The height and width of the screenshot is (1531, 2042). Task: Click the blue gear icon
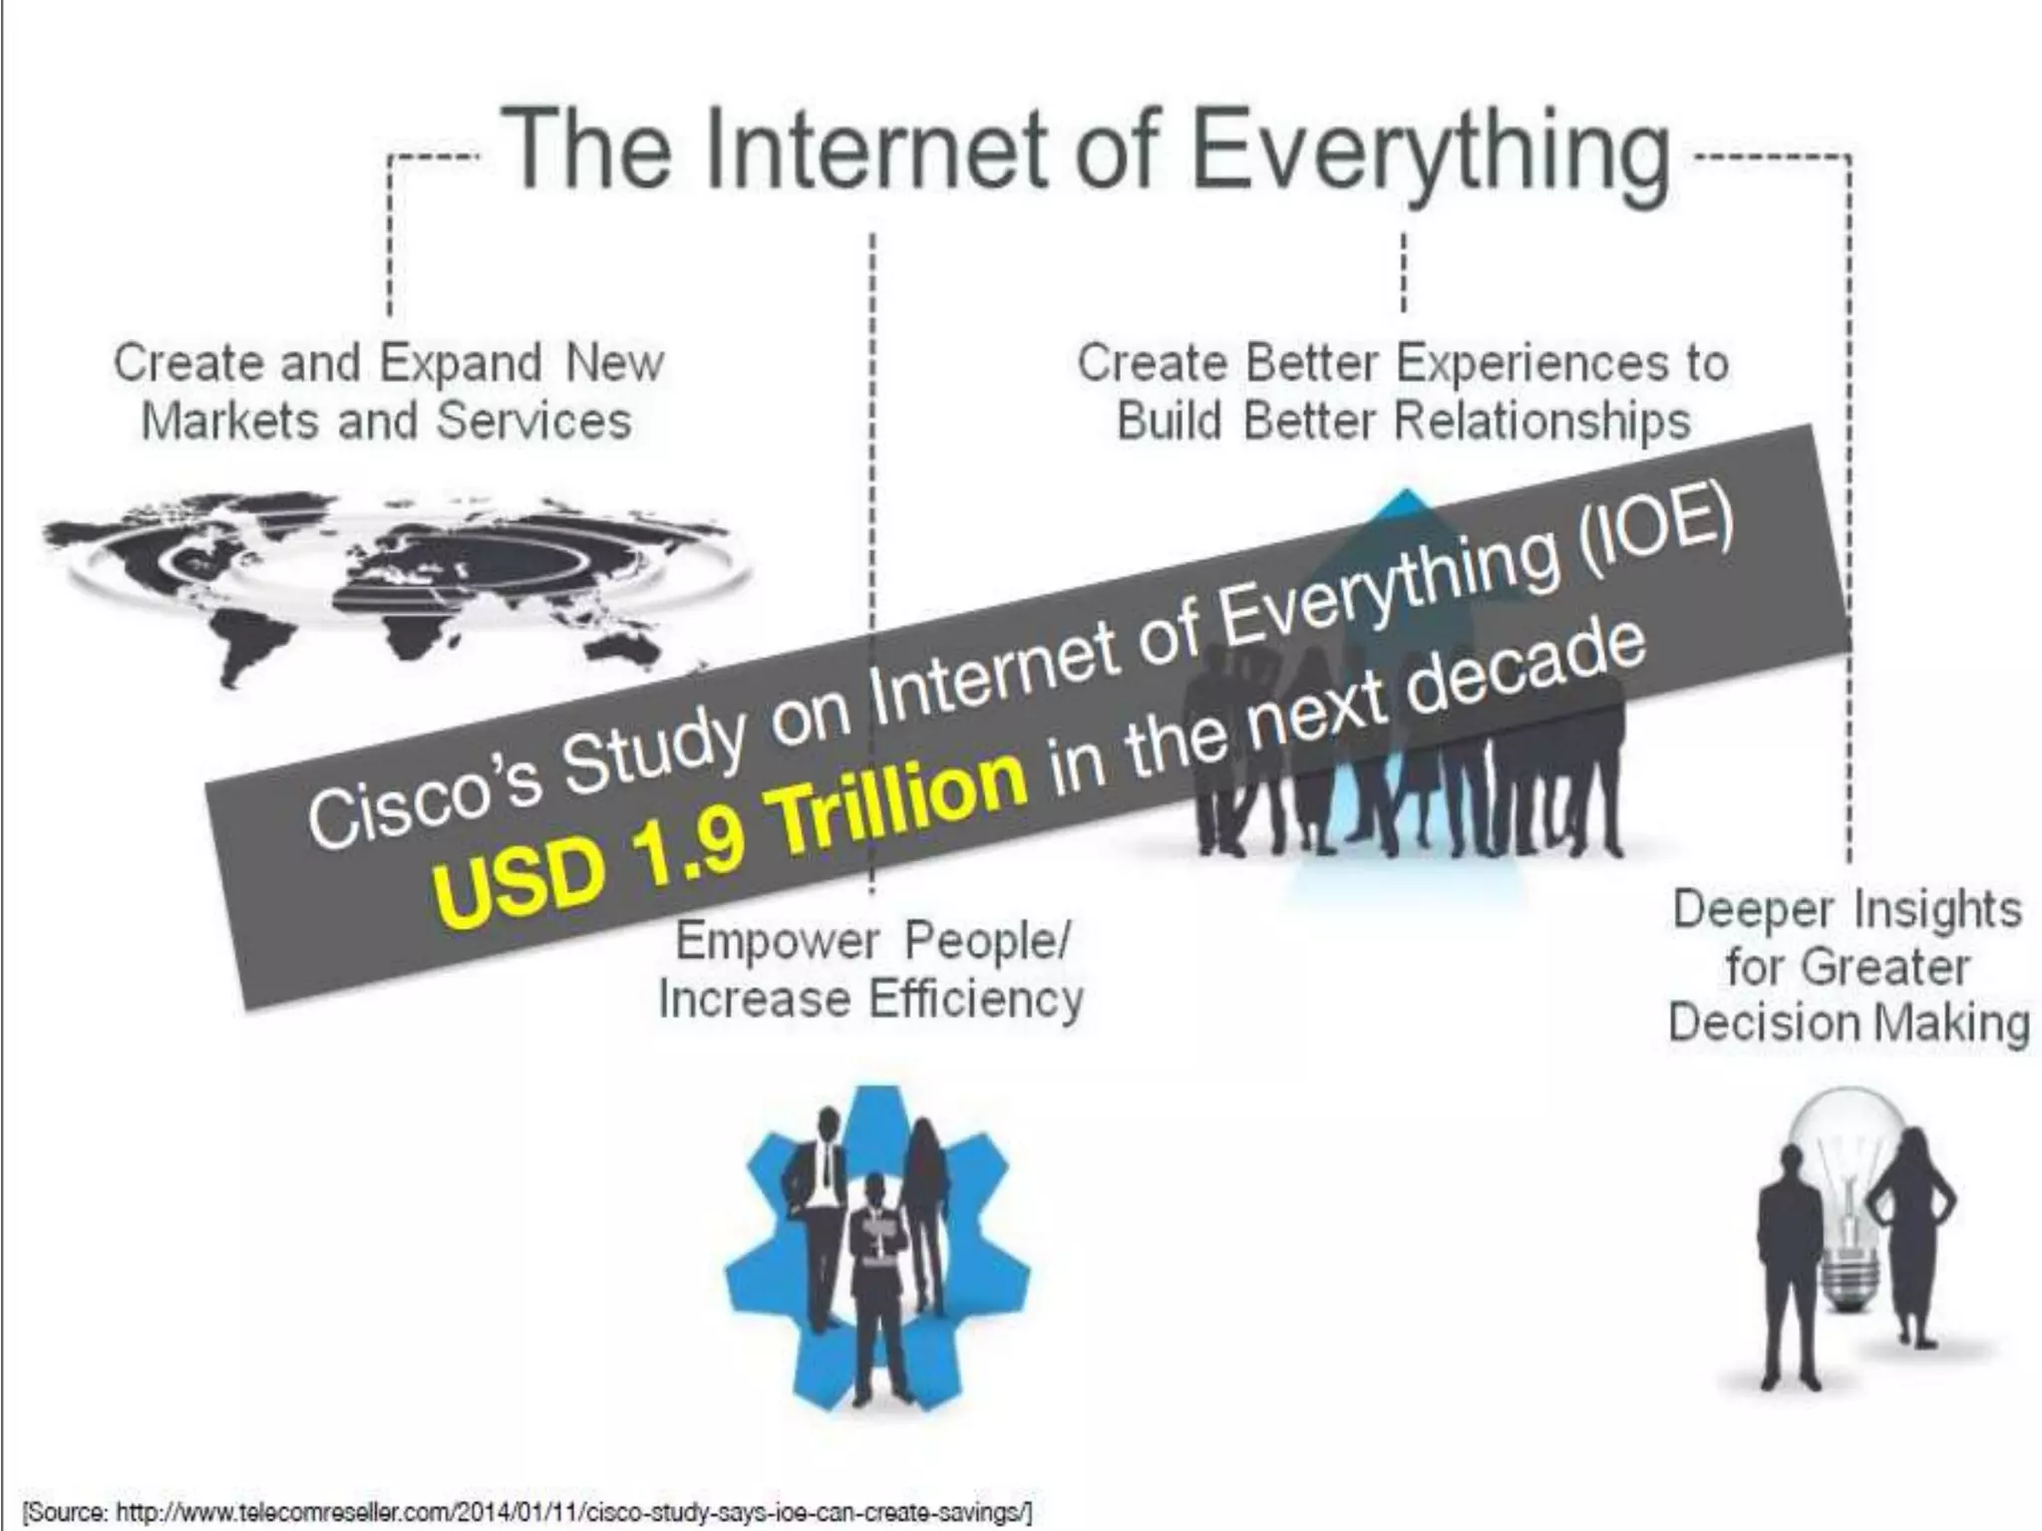click(x=877, y=1246)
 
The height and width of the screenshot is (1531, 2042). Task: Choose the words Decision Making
click(x=1849, y=1024)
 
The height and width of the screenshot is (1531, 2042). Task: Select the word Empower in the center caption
click(x=778, y=941)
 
